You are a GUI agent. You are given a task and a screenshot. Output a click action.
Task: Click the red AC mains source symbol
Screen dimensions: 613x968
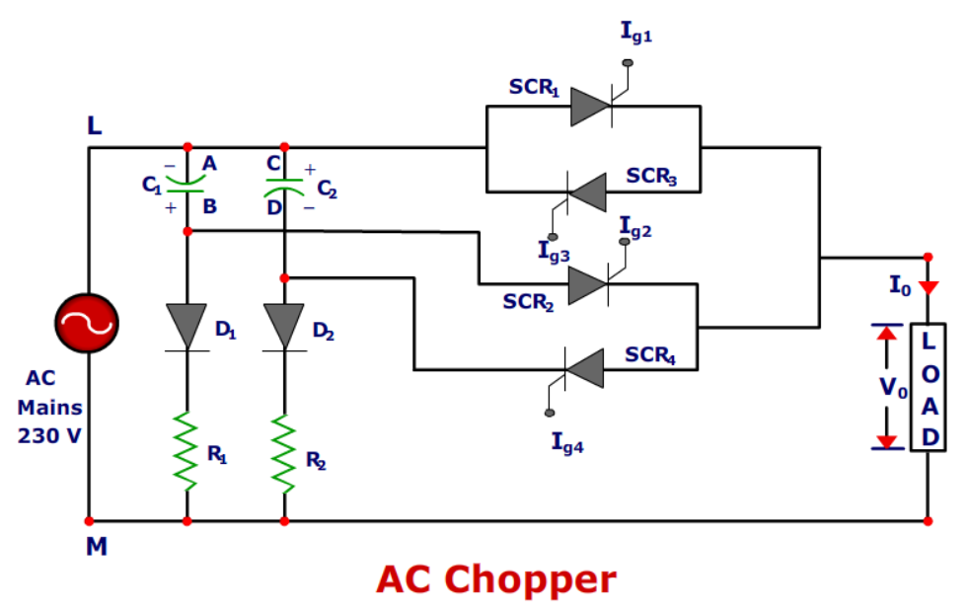point(88,323)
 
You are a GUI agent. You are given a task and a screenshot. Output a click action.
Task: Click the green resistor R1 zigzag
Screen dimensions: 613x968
point(186,451)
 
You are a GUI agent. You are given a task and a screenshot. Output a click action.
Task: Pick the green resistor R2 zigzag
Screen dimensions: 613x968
point(284,451)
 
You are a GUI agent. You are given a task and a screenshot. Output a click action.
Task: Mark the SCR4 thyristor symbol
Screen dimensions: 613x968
point(584,369)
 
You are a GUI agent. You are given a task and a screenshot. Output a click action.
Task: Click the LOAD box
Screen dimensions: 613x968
point(929,387)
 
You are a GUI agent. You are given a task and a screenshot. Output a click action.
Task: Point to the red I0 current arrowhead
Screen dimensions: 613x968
point(928,287)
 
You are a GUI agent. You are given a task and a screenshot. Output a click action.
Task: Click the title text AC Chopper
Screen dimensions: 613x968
point(495,579)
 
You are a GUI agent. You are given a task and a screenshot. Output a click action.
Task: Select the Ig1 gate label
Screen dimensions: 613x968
point(636,33)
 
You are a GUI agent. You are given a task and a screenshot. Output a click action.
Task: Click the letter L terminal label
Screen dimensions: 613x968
point(94,126)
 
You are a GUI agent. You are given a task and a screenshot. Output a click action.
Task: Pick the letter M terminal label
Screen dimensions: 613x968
point(96,545)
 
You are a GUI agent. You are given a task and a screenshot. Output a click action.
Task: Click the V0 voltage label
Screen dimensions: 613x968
point(893,388)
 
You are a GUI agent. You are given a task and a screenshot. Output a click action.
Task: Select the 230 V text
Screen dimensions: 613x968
point(49,434)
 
